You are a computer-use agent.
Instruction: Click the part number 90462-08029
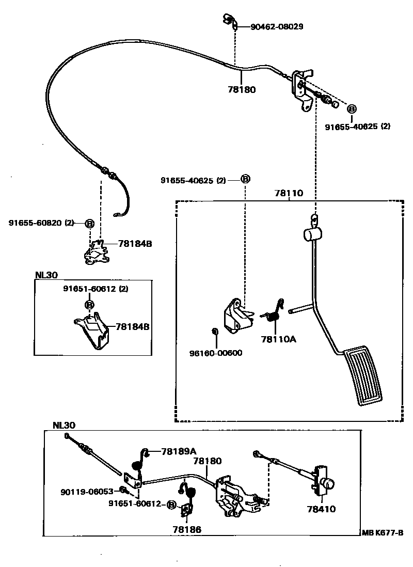click(x=277, y=26)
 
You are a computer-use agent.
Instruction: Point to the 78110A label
click(x=278, y=339)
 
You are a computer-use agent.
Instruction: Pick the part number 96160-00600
click(x=216, y=353)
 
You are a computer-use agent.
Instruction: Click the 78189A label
click(x=179, y=451)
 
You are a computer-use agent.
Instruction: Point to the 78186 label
click(x=187, y=529)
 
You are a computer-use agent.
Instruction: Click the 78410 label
click(x=321, y=509)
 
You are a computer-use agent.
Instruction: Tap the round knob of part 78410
click(x=328, y=484)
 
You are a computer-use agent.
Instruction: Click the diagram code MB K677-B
click(x=383, y=533)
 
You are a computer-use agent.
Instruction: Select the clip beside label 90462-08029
click(x=230, y=21)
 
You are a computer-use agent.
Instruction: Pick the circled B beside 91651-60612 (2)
click(x=89, y=305)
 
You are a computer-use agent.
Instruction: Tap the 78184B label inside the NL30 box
click(x=133, y=326)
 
